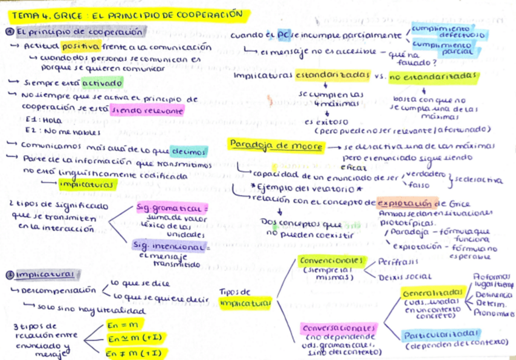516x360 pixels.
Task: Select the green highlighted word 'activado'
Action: (x=106, y=82)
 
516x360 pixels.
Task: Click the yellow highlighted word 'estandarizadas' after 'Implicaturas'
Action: (x=332, y=75)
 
